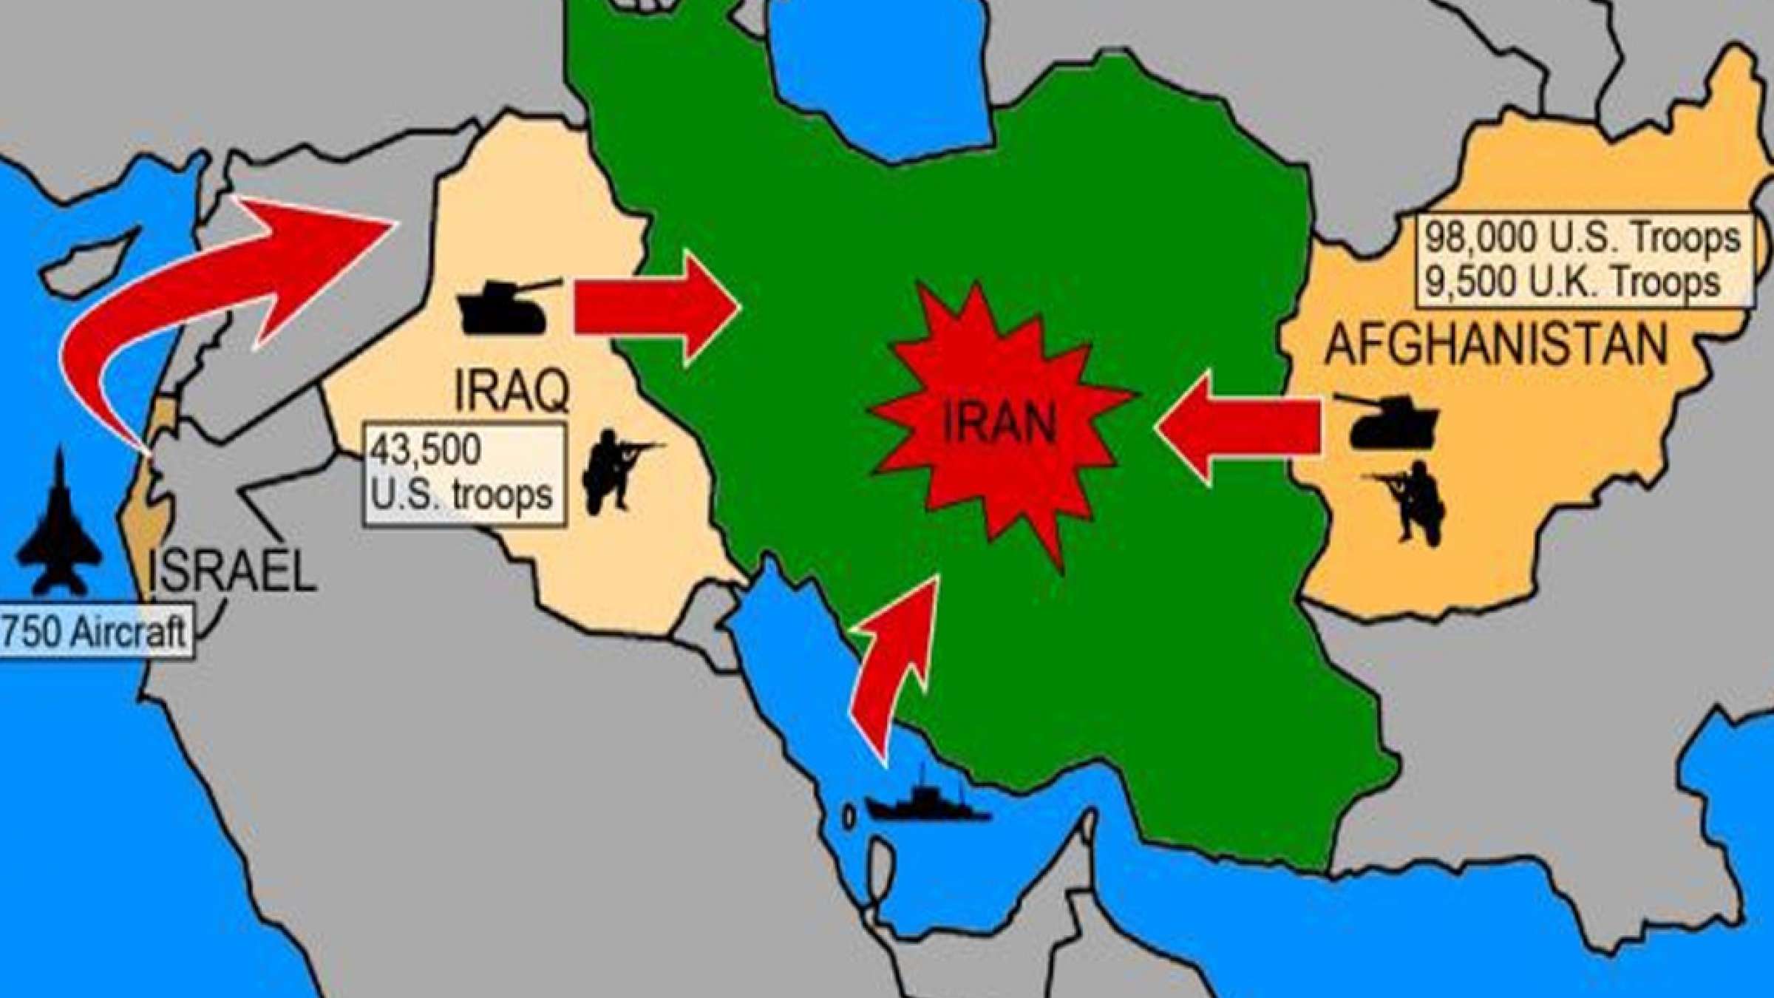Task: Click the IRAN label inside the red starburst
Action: pyautogui.click(x=999, y=425)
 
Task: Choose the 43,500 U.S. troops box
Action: pyautogui.click(x=464, y=474)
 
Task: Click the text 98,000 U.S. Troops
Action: pyautogui.click(x=1583, y=238)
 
